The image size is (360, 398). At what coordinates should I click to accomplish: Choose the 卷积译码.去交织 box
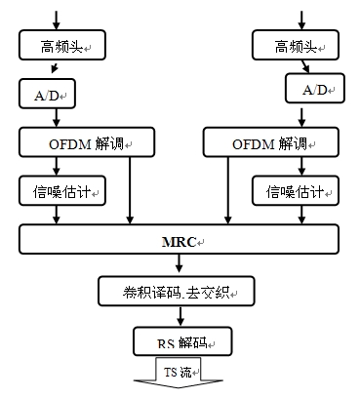coord(176,290)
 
